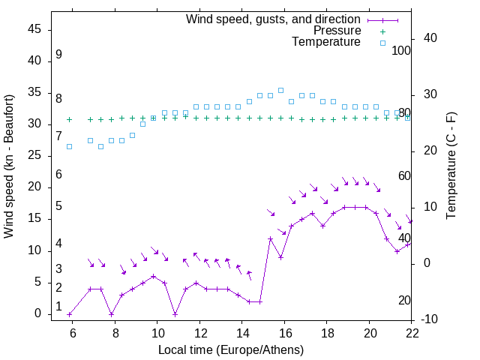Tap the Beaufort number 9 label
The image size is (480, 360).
pyautogui.click(x=58, y=55)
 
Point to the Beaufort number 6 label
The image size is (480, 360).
pyautogui.click(x=58, y=175)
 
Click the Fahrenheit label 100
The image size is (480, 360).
pyautogui.click(x=402, y=51)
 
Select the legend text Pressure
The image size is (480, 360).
pyautogui.click(x=337, y=31)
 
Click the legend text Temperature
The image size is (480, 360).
pyautogui.click(x=326, y=42)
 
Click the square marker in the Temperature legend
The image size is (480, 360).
pyautogui.click(x=382, y=43)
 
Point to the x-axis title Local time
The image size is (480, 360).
pyautogui.click(x=231, y=349)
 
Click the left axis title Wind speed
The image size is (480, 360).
pyautogui.click(x=9, y=166)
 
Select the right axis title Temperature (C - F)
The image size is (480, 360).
pyautogui.click(x=451, y=166)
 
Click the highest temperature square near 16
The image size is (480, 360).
pyautogui.click(x=281, y=90)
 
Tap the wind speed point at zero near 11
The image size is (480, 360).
pyautogui.click(x=175, y=314)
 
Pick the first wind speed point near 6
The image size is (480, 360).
pyautogui.click(x=70, y=314)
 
